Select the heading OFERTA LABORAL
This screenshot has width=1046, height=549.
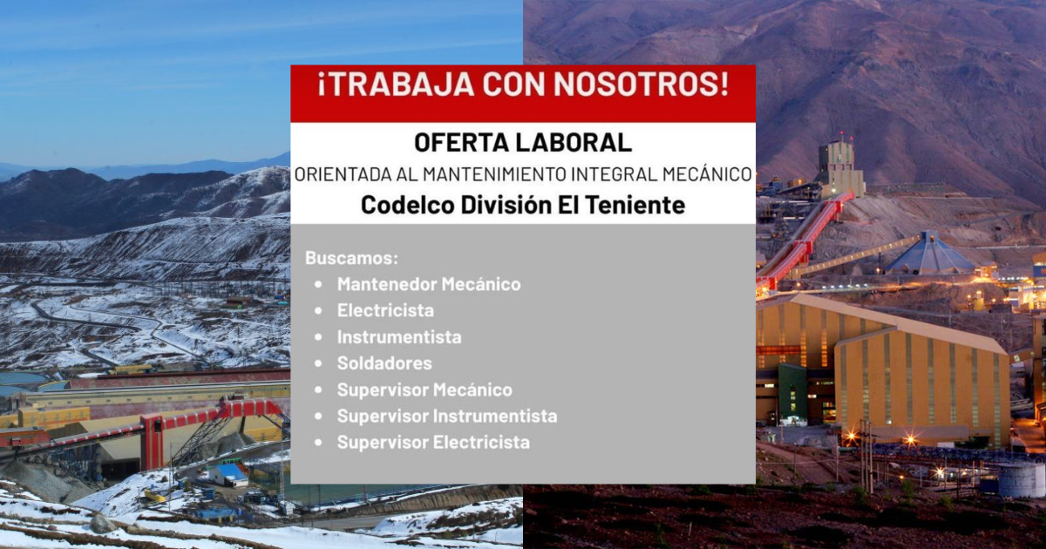(x=523, y=142)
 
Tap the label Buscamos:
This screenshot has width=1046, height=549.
(x=351, y=258)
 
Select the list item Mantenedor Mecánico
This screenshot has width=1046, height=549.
(x=429, y=284)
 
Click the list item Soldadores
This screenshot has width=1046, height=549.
(x=384, y=363)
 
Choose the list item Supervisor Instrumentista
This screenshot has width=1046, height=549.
(x=447, y=416)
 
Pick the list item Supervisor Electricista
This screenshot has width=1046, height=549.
(x=433, y=442)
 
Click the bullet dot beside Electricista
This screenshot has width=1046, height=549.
(x=318, y=310)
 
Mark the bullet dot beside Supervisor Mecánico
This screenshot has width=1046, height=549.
(x=318, y=390)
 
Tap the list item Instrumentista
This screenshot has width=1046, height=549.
(x=399, y=337)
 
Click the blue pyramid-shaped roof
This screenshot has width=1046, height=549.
(x=929, y=254)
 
